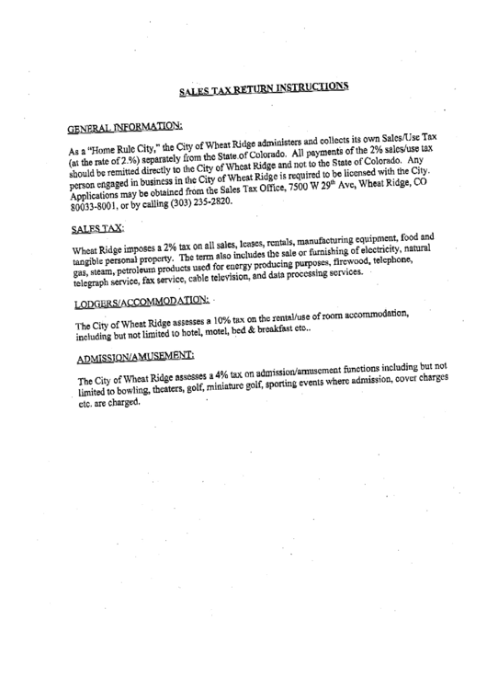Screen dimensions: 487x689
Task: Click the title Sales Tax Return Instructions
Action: [x=263, y=88]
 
